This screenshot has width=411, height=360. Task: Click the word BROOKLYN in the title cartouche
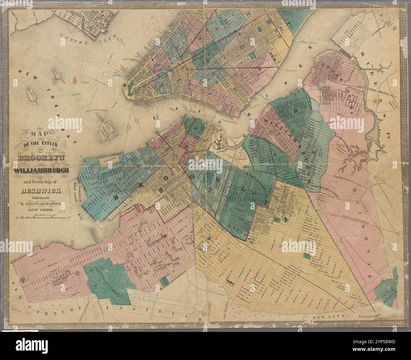coord(42,158)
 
